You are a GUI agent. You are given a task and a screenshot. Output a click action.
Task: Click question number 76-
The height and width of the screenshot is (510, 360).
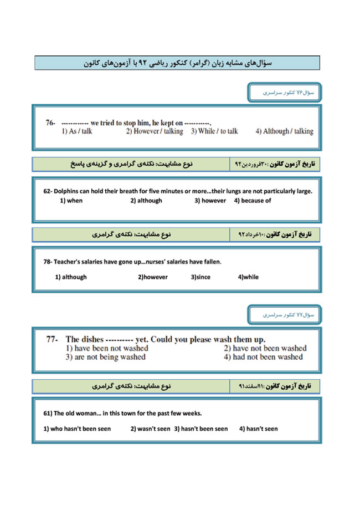pyautogui.click(x=50, y=123)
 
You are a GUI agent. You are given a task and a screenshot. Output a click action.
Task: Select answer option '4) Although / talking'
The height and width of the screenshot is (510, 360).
pyautogui.click(x=284, y=131)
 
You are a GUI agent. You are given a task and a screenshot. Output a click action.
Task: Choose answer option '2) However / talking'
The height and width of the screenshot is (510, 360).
pyautogui.click(x=154, y=131)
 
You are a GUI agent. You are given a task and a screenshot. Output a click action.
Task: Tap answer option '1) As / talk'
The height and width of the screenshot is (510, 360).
pyautogui.click(x=77, y=131)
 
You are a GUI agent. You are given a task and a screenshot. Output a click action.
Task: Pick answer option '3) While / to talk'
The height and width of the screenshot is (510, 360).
pyautogui.click(x=214, y=131)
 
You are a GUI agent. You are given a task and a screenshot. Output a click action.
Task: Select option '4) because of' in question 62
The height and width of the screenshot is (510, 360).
pyautogui.click(x=253, y=201)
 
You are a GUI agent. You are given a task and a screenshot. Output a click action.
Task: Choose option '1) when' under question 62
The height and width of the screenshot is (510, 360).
pyautogui.click(x=71, y=201)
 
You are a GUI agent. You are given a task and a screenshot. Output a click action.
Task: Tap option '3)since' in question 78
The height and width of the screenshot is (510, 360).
pyautogui.click(x=200, y=277)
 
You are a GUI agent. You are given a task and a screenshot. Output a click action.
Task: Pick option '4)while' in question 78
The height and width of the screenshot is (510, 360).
pyautogui.click(x=248, y=277)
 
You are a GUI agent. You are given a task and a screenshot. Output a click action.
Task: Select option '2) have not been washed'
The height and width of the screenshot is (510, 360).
pyautogui.click(x=265, y=348)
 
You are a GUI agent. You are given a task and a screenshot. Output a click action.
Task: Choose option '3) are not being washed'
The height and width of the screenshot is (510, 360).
pyautogui.click(x=105, y=357)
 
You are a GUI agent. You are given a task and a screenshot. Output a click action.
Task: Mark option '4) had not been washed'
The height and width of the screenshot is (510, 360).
pyautogui.click(x=263, y=357)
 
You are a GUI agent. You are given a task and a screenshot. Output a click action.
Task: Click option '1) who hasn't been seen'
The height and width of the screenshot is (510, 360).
pyautogui.click(x=77, y=429)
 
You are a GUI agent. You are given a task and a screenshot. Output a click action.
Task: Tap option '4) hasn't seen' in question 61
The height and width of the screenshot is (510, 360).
pyautogui.click(x=259, y=429)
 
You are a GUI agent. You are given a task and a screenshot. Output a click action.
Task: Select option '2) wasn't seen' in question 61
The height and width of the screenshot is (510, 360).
pyautogui.click(x=150, y=429)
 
